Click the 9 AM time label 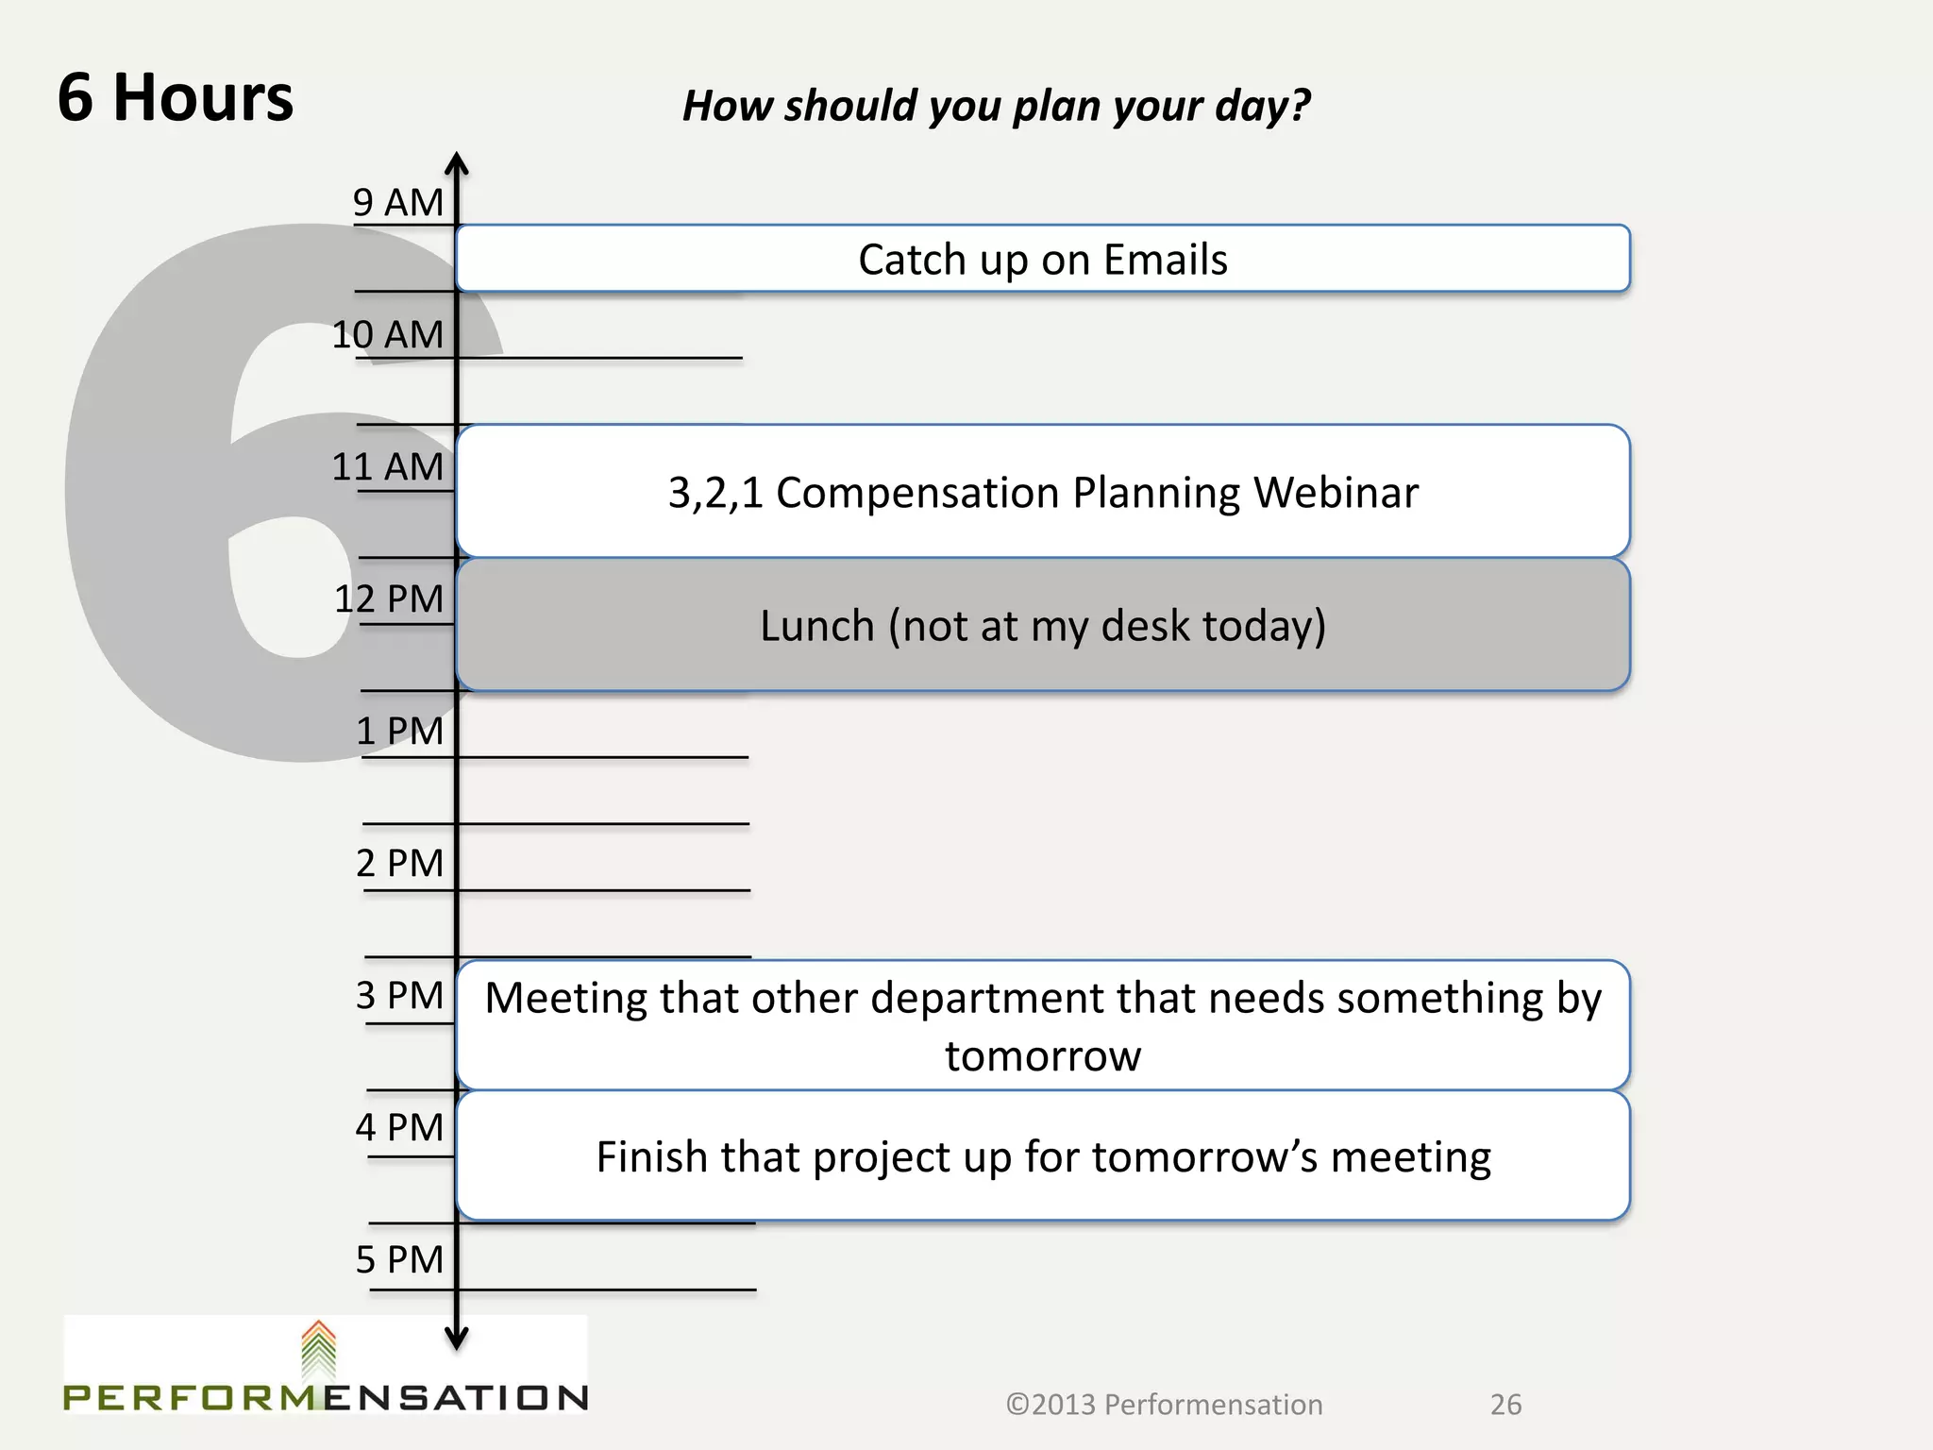tap(397, 202)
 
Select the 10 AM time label tap(387, 334)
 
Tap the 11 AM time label tap(387, 466)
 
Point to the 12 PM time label tap(388, 599)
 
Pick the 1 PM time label tap(399, 731)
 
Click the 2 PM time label tap(399, 863)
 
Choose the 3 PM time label tap(399, 995)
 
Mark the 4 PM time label tap(399, 1127)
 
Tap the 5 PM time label tap(399, 1259)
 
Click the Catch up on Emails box tap(1043, 259)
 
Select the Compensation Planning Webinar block tap(1043, 492)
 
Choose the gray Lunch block tap(1043, 625)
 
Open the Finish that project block tap(1043, 1156)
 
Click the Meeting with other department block tap(1043, 1025)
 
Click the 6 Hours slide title tap(176, 97)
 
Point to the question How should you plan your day tap(996, 106)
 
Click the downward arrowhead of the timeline tap(457, 1339)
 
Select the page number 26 tap(1505, 1405)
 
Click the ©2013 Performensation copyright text tap(1164, 1405)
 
